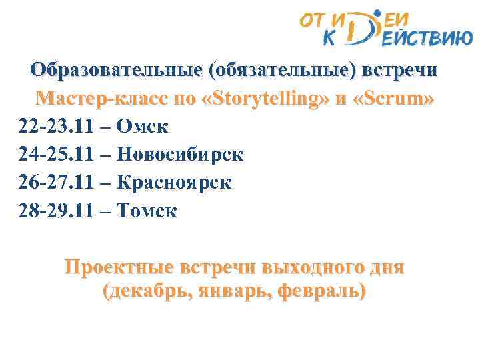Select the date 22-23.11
[x=53, y=127]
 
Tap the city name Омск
[x=143, y=127]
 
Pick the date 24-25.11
[x=53, y=155]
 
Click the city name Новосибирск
[x=180, y=155]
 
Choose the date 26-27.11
[x=53, y=183]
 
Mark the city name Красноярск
[x=174, y=183]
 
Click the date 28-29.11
[x=53, y=211]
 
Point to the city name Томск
[x=147, y=211]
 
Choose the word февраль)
[x=329, y=291]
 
